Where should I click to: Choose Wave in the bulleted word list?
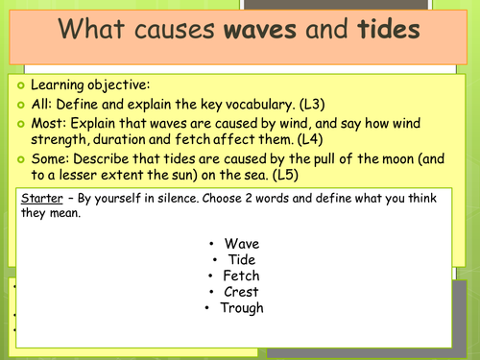[x=242, y=244]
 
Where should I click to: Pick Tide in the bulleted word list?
[x=241, y=259]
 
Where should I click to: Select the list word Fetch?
[x=242, y=276]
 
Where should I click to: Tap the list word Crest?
[x=242, y=292]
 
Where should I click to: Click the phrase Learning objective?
[x=85, y=84]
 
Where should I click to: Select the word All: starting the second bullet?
[x=41, y=105]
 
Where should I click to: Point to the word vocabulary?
[x=280, y=105]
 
